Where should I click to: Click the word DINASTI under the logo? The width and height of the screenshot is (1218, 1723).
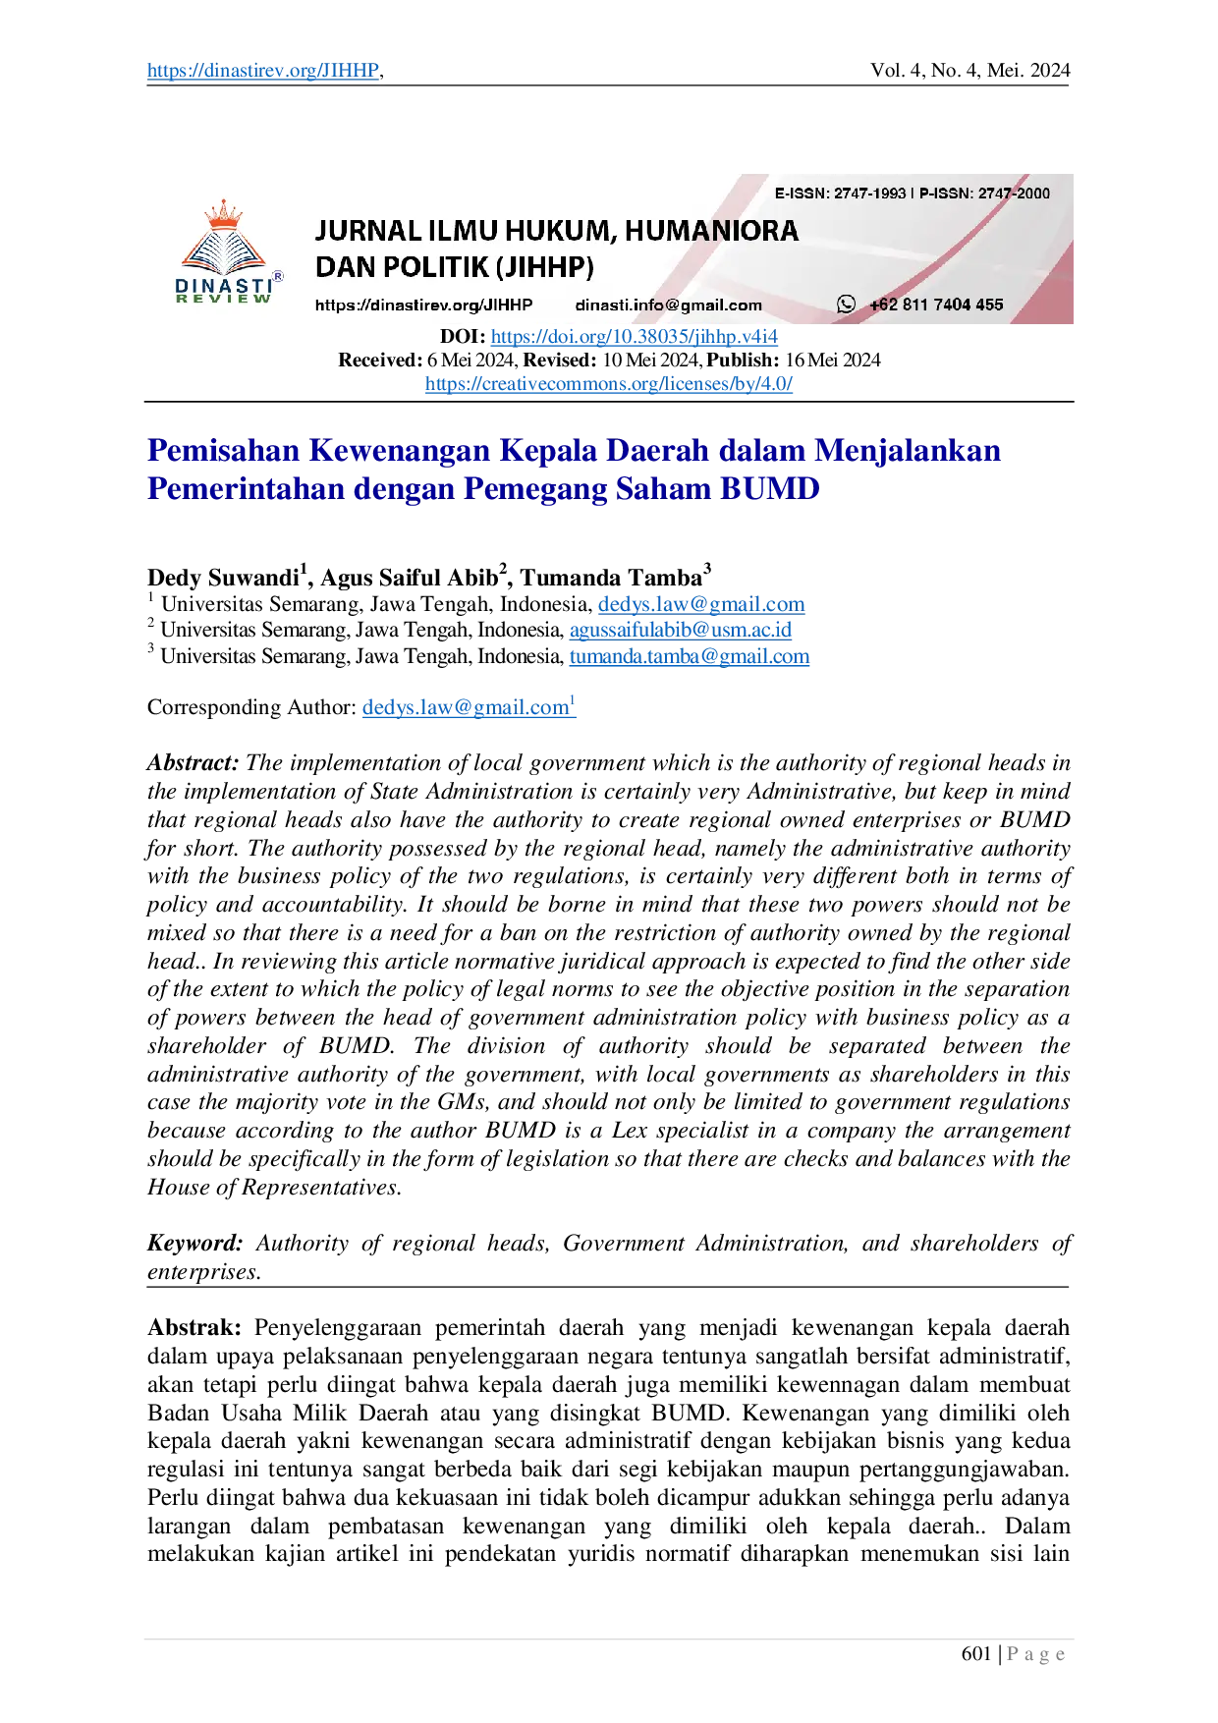point(224,285)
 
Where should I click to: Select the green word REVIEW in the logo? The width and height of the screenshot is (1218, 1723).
point(224,299)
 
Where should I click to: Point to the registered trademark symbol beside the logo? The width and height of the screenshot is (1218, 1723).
point(278,277)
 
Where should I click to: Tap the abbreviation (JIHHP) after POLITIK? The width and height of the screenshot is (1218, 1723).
point(546,267)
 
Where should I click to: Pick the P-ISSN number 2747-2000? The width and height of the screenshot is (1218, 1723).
point(1014,194)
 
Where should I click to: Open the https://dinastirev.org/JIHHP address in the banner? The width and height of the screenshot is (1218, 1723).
point(423,305)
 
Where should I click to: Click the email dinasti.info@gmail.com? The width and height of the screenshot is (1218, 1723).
point(668,305)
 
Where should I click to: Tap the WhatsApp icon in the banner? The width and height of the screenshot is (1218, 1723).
point(846,305)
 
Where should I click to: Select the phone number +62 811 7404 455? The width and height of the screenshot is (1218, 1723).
point(936,305)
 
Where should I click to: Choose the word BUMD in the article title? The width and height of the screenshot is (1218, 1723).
point(770,488)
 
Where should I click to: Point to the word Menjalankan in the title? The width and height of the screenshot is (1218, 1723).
point(910,450)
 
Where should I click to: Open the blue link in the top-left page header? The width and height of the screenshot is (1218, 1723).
point(262,71)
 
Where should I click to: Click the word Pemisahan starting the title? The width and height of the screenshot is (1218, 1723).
point(222,450)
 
